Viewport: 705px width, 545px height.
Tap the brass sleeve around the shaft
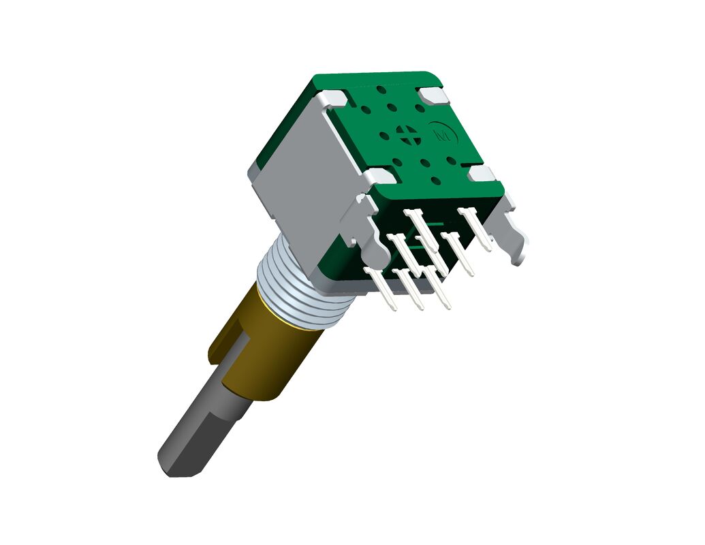272,354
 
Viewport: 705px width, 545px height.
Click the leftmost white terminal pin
382,289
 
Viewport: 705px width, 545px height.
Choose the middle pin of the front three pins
411,290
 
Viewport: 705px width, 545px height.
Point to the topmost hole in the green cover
381,89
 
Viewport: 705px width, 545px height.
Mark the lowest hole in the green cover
437,181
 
